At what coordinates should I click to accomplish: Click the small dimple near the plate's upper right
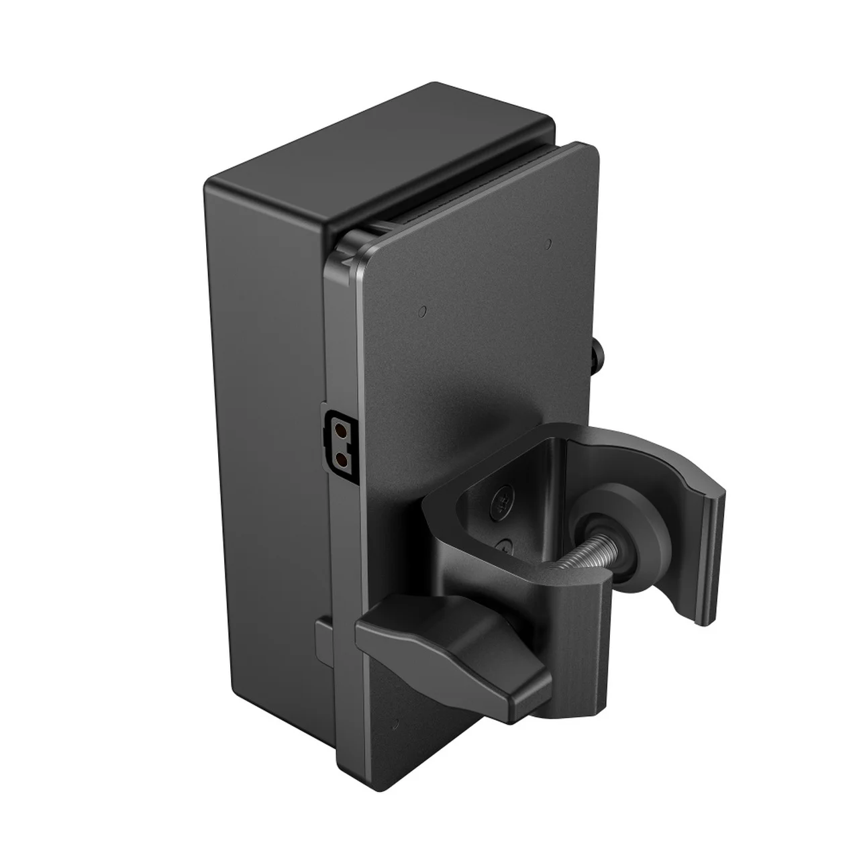pyautogui.click(x=548, y=242)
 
